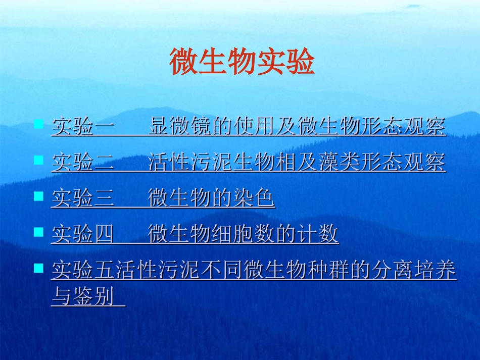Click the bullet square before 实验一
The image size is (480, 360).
coord(38,124)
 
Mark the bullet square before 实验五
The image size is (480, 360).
coord(38,268)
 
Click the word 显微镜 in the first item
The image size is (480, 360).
coord(180,127)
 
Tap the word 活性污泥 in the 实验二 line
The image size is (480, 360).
coord(190,163)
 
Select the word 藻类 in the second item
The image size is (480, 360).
coord(339,163)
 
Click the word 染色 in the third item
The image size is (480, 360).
coord(254,198)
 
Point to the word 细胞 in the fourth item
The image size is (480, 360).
coord(232,234)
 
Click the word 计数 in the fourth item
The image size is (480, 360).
coord(317,234)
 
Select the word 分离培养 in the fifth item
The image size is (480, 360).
coord(413,271)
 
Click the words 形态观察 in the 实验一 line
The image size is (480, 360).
coord(403,127)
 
